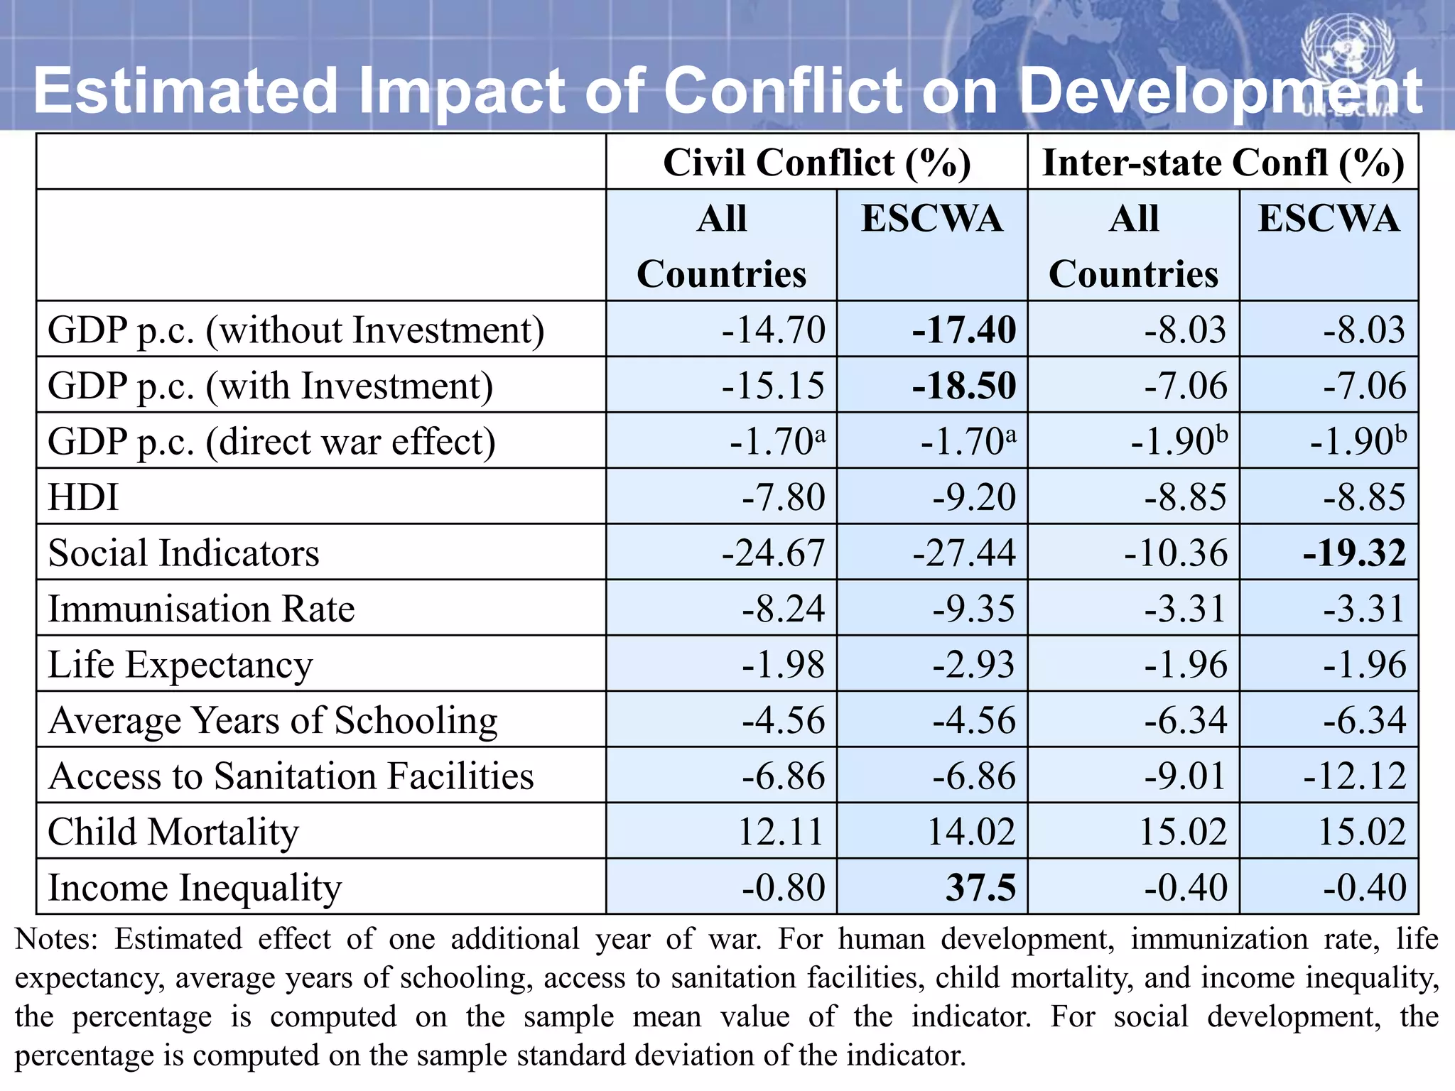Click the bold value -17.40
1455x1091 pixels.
(964, 330)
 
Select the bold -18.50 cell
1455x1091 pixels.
(964, 386)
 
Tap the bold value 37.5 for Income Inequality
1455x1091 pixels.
(980, 888)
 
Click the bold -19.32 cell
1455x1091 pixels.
(1354, 553)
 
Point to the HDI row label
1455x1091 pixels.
(83, 497)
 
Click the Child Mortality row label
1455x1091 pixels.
(173, 832)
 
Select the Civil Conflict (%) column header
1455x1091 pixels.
(816, 163)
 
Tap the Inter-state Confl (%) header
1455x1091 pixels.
(1223, 163)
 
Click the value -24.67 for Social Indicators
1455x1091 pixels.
(773, 553)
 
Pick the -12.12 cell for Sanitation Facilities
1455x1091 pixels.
(1354, 776)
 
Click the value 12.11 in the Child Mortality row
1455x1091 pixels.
(780, 832)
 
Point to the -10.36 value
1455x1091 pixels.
(1176, 553)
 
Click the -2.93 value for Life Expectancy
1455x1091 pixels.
(974, 665)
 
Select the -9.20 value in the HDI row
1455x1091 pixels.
(974, 497)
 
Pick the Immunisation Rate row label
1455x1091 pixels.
(201, 609)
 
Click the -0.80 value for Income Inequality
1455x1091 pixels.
(783, 888)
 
